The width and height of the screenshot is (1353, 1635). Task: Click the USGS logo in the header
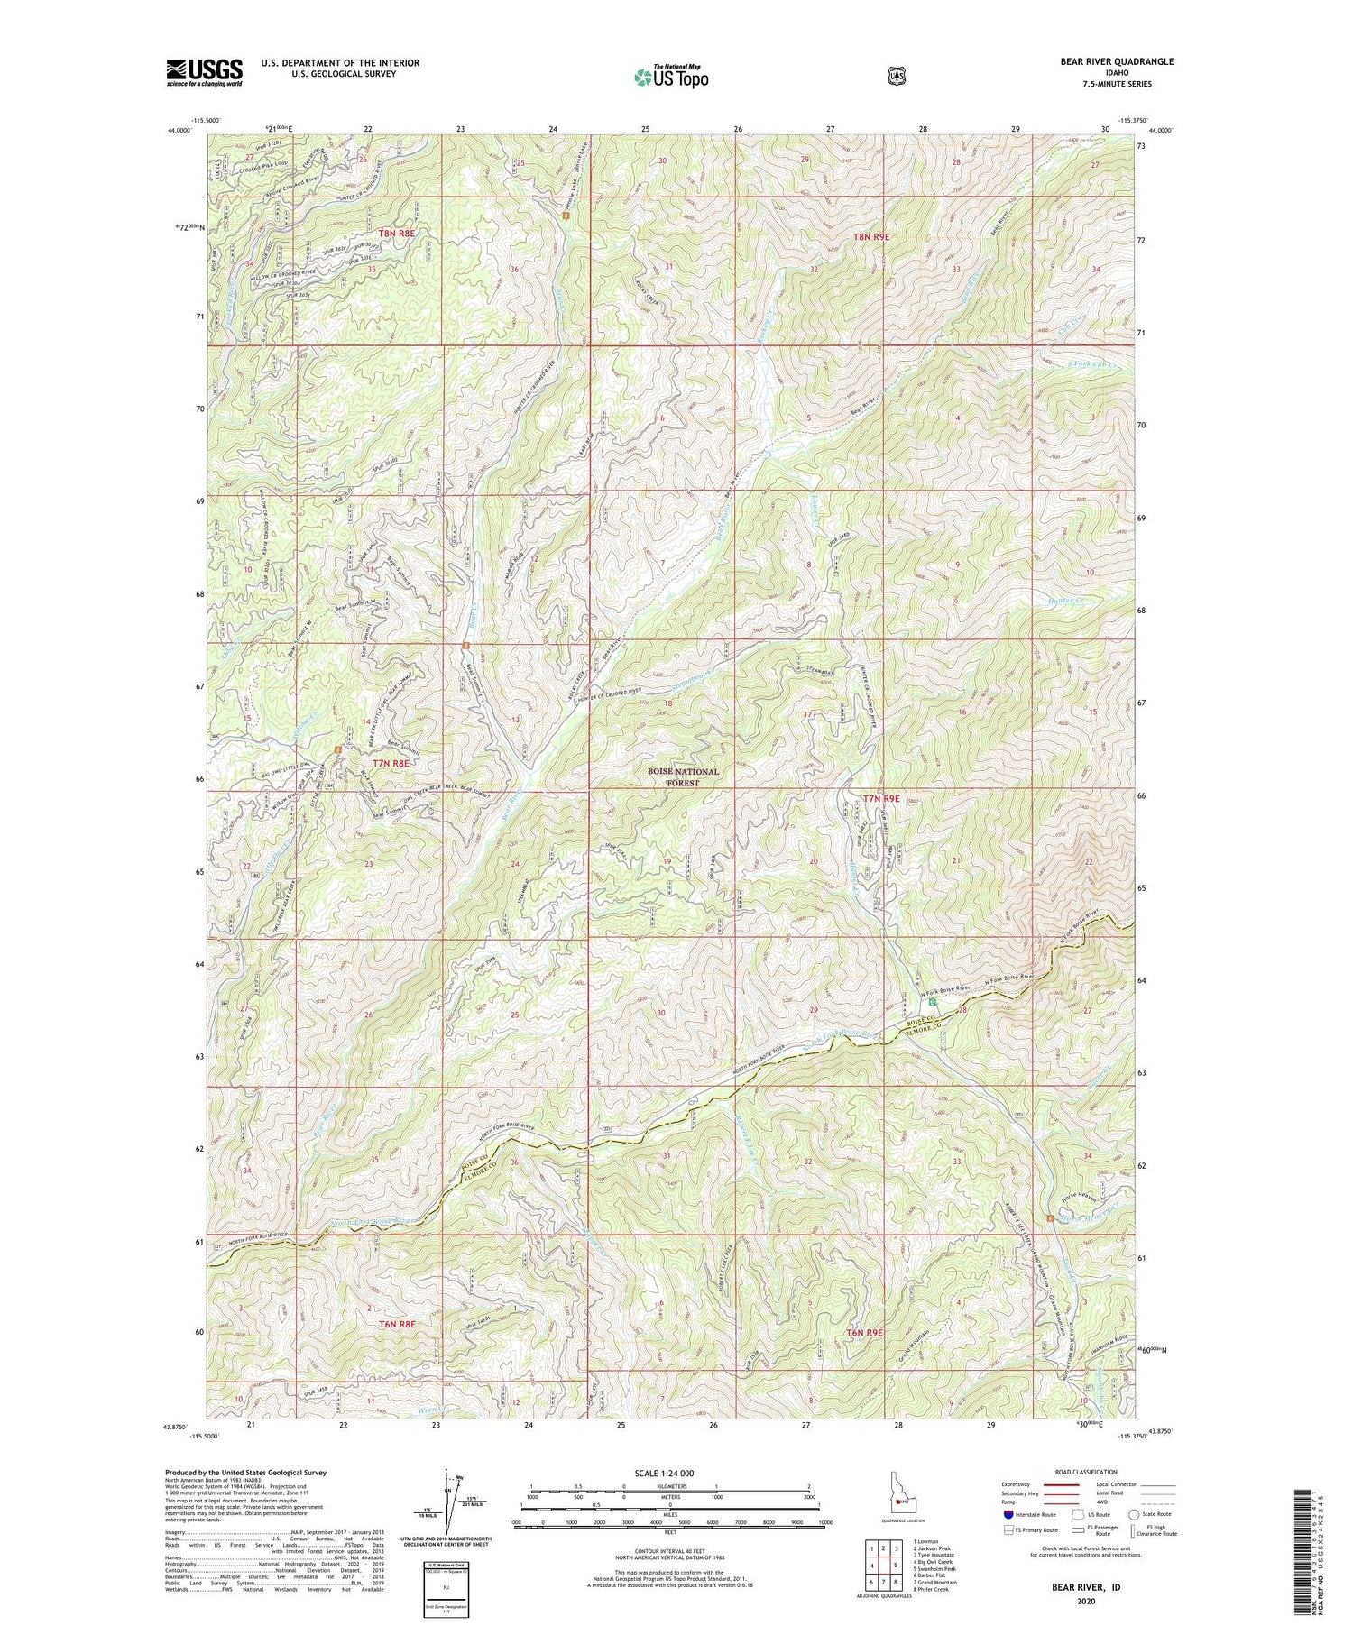[204, 72]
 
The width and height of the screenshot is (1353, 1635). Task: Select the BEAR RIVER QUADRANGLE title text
[1117, 61]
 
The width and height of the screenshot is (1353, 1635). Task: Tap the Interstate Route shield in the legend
[1008, 1514]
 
